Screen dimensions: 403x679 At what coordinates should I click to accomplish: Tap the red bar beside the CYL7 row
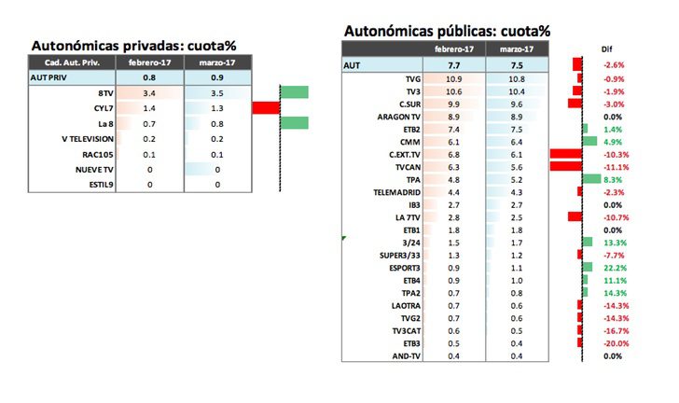pyautogui.click(x=266, y=108)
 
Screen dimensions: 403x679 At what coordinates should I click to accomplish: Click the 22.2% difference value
pyautogui.click(x=613, y=267)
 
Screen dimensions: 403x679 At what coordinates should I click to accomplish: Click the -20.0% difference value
pyautogui.click(x=612, y=343)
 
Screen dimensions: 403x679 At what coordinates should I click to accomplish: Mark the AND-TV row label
pyautogui.click(x=404, y=355)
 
